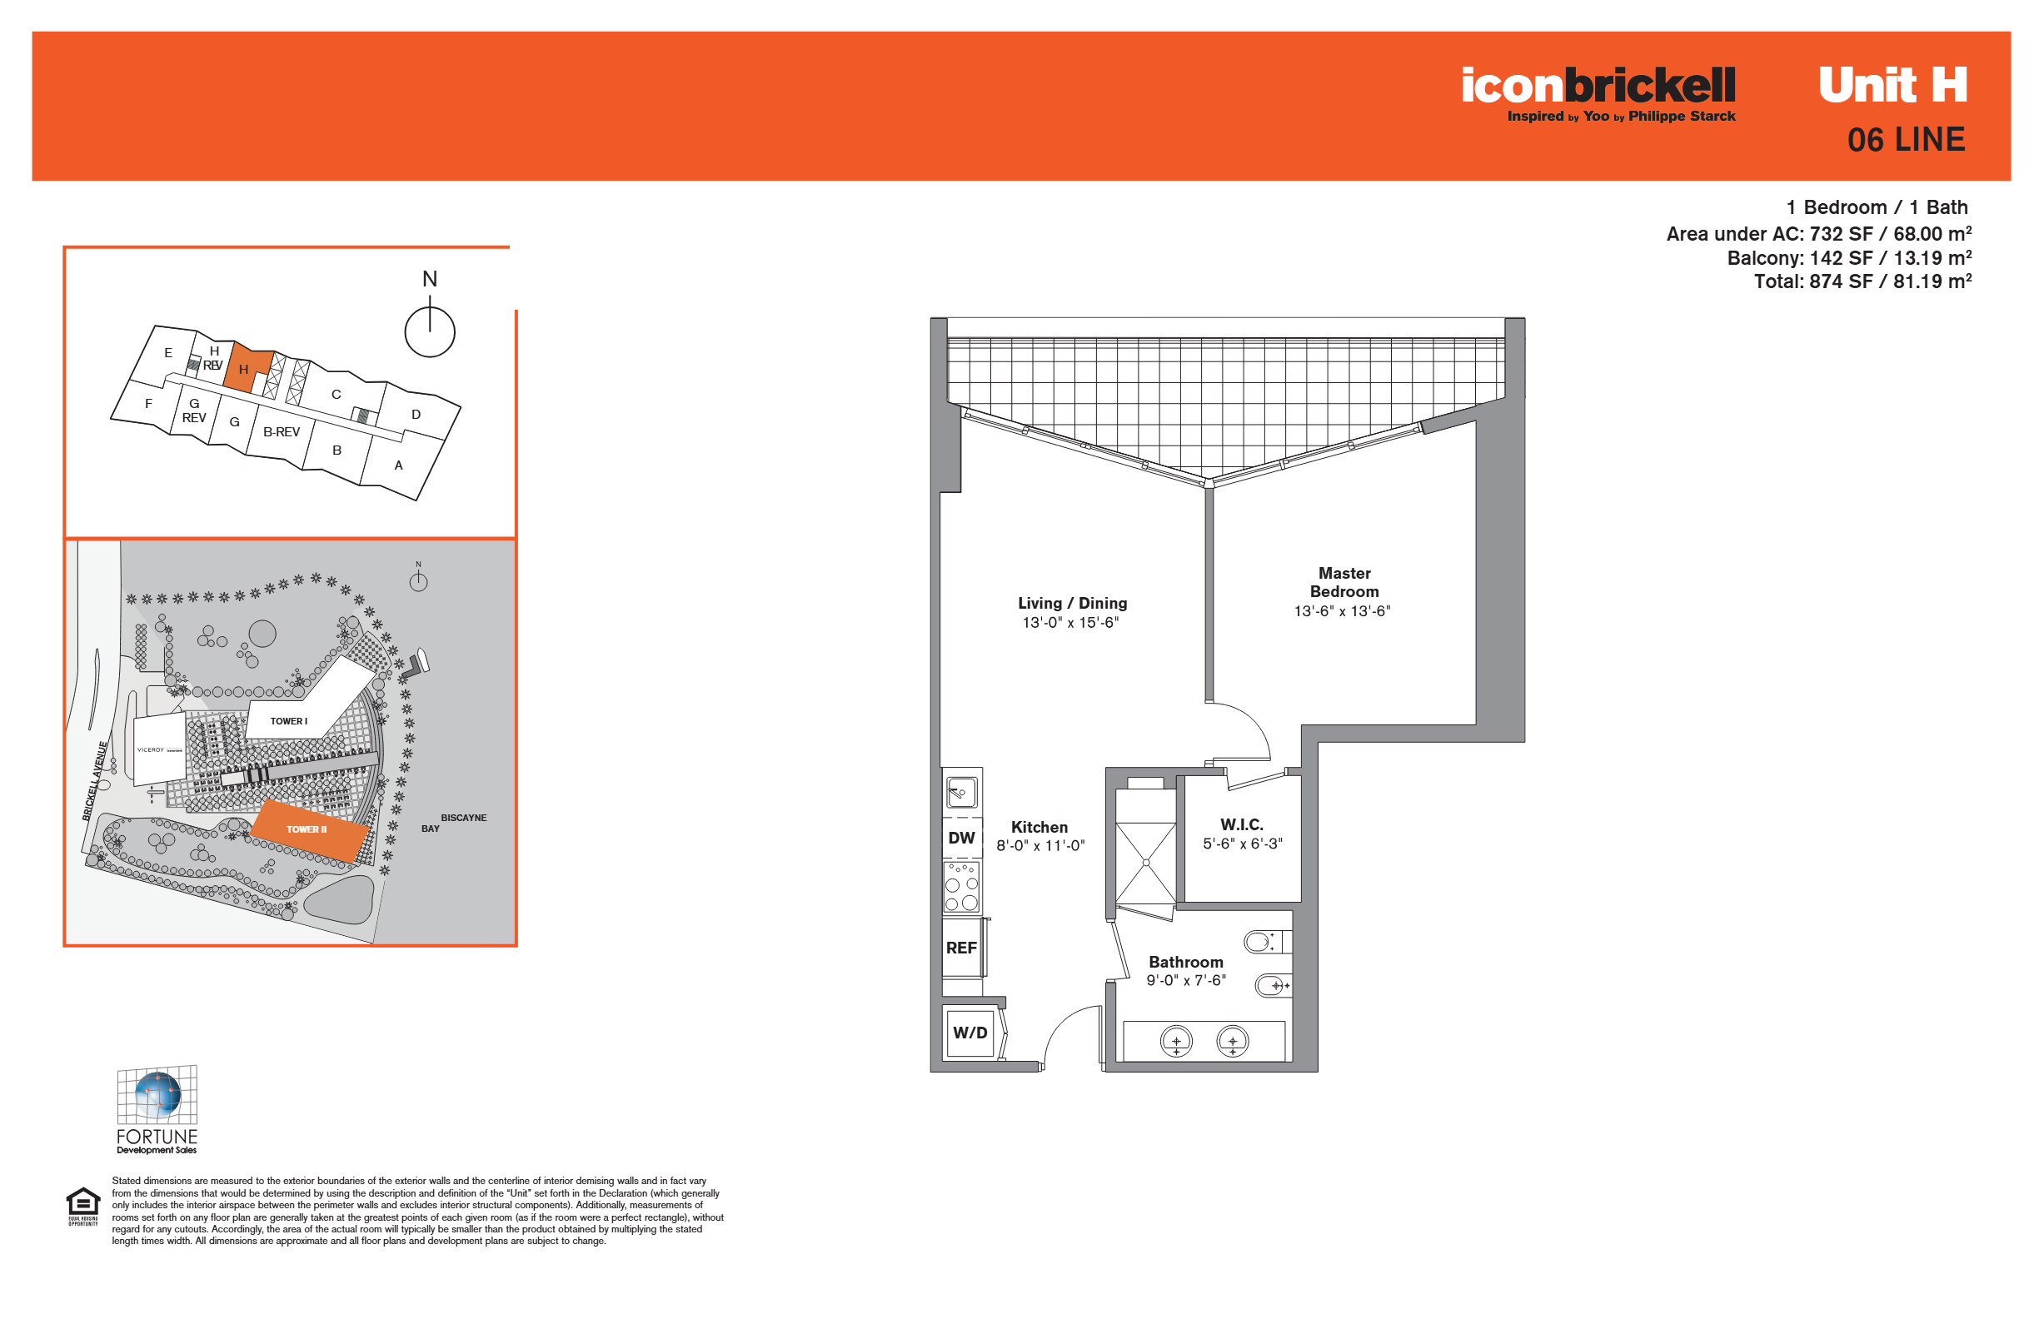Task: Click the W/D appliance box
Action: [x=970, y=1033]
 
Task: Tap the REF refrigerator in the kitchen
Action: [x=962, y=948]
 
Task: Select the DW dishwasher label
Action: [x=961, y=838]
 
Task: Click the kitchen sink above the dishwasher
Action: [x=961, y=792]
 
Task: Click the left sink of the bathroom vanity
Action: [x=1176, y=1042]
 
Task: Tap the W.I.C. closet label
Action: [x=1241, y=824]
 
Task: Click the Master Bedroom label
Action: [x=1344, y=582]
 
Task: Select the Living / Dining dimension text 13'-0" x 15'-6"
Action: [x=1071, y=623]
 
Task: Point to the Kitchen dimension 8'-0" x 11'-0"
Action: [x=1040, y=846]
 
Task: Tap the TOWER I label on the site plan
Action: [x=289, y=721]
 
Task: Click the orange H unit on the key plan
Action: [x=247, y=368]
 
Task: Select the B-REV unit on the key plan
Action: [x=281, y=431]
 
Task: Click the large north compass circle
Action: [x=429, y=332]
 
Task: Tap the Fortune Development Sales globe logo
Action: [x=157, y=1110]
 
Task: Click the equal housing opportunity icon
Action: [x=83, y=1206]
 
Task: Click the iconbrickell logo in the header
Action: [x=1598, y=93]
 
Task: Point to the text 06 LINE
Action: [x=1906, y=140]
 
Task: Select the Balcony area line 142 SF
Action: [x=1849, y=258]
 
